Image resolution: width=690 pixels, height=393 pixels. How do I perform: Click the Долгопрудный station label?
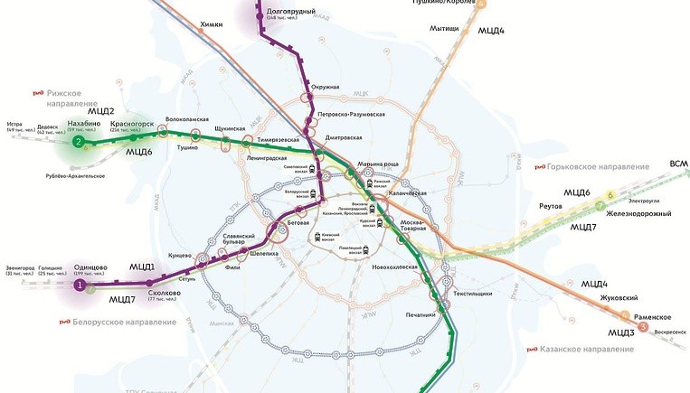(x=291, y=11)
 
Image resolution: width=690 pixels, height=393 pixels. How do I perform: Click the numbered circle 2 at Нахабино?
(x=79, y=143)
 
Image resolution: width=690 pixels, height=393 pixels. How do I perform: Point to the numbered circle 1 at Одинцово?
(x=80, y=286)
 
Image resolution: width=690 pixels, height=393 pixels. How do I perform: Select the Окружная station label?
(x=324, y=87)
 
